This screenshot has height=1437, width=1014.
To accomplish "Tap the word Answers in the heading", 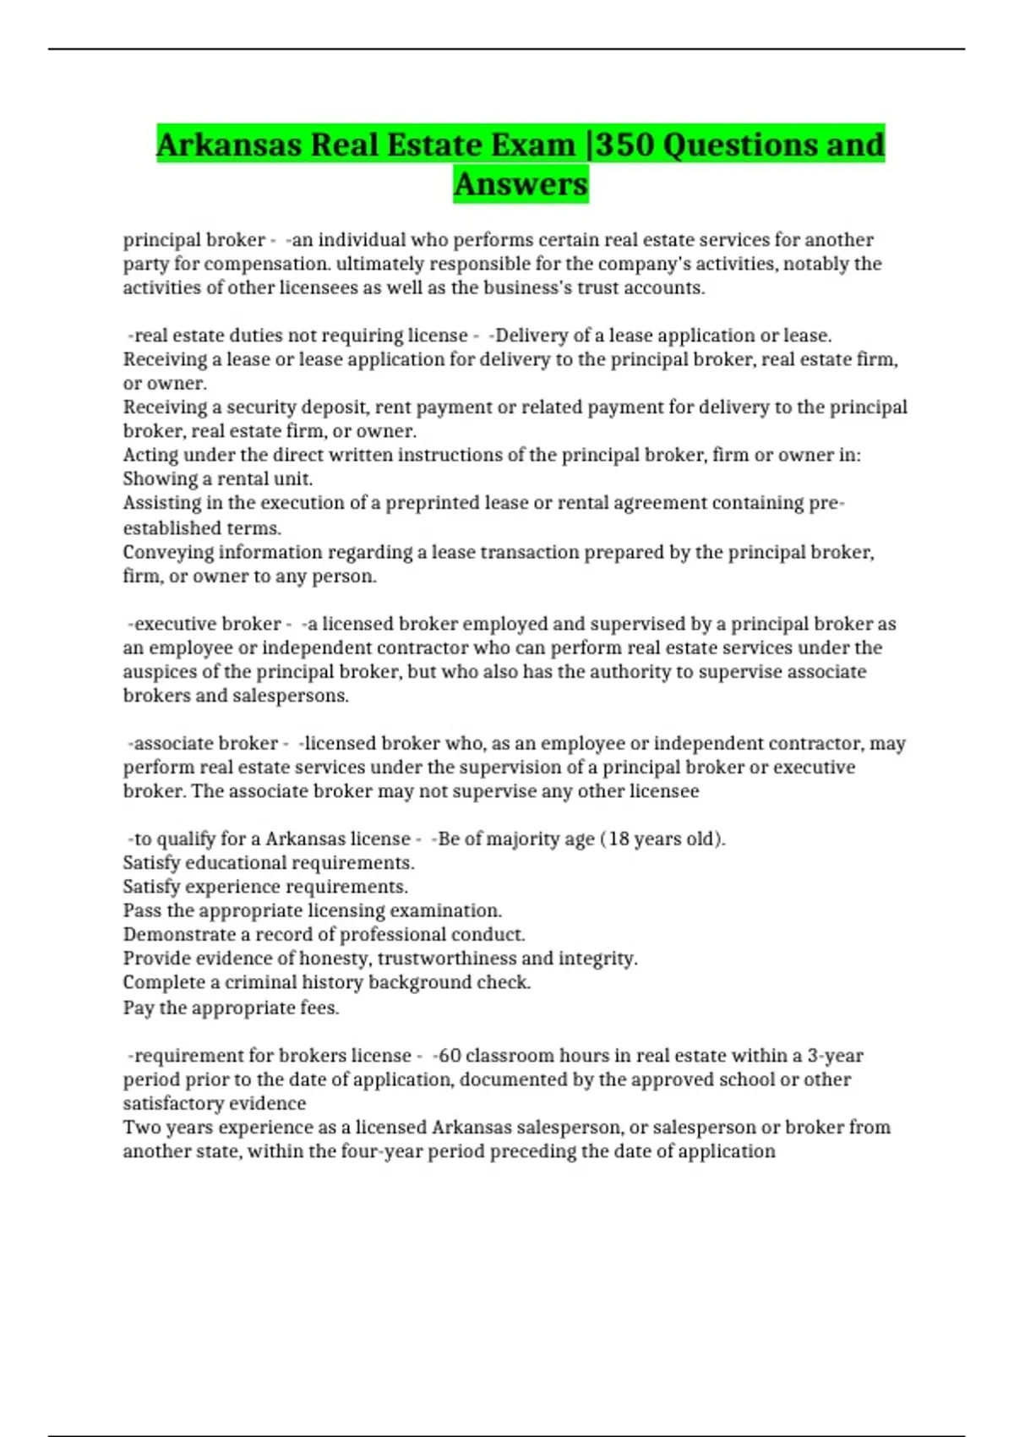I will click(521, 184).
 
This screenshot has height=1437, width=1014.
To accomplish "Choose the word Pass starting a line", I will click(141, 910).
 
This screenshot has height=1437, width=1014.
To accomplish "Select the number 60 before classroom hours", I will click(450, 1056).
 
